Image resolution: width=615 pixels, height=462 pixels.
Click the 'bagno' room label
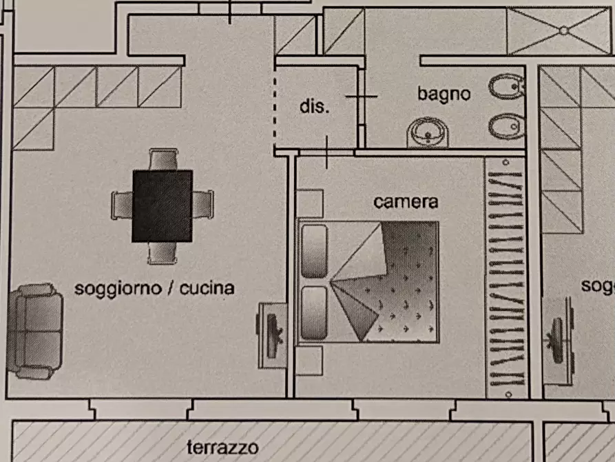[x=444, y=93]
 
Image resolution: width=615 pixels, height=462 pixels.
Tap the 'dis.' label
[x=315, y=106]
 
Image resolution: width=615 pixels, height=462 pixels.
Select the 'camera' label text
[x=406, y=202]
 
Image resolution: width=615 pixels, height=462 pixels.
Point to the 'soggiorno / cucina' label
[x=154, y=288]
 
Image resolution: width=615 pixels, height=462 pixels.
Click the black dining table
[x=162, y=206]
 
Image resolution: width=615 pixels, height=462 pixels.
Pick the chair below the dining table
[x=163, y=253]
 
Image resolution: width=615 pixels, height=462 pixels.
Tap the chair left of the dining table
[x=122, y=205]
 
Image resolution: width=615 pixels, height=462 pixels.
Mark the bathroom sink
[x=428, y=131]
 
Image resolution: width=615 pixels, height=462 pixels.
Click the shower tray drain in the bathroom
[x=563, y=30]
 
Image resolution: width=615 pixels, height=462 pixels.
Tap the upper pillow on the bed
[x=314, y=250]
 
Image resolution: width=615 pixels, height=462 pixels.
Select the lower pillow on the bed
[x=314, y=313]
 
